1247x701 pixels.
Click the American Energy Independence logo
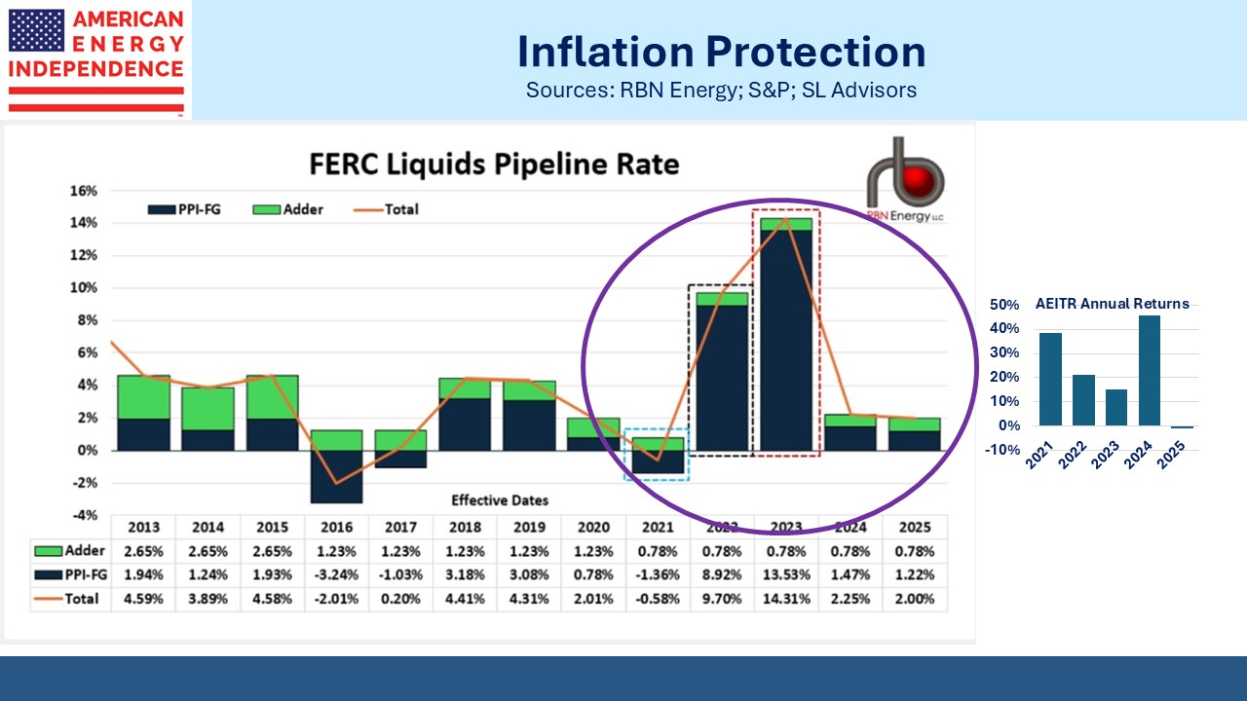point(95,59)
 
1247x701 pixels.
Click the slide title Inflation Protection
point(720,51)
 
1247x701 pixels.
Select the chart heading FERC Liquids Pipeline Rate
point(494,163)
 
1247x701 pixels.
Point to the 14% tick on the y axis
point(84,223)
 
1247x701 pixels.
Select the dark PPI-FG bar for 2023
point(786,341)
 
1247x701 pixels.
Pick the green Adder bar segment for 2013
point(143,397)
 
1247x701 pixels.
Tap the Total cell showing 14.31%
point(786,599)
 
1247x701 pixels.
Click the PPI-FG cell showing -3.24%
point(336,575)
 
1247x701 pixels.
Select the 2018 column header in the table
point(465,528)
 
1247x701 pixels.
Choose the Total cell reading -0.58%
point(658,599)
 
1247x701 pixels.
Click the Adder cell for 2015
point(272,552)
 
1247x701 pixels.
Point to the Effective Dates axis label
point(500,500)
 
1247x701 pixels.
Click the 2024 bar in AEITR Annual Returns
point(1150,370)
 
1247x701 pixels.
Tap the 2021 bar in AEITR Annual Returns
point(1050,379)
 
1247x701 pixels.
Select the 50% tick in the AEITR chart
point(1005,305)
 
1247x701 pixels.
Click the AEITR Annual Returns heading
point(1112,303)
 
